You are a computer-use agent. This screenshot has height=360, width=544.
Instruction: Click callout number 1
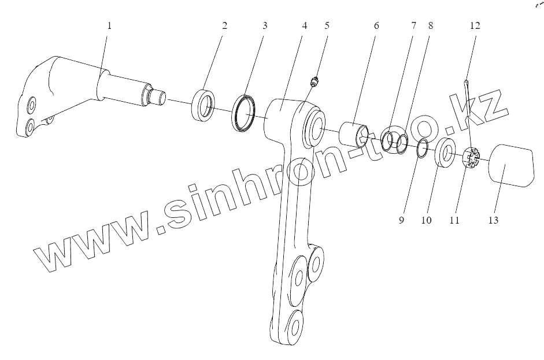click(109, 26)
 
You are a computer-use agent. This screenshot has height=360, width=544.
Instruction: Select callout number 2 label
click(224, 26)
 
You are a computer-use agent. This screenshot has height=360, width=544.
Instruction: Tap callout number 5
click(327, 26)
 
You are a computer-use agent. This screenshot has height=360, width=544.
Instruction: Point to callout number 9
click(401, 221)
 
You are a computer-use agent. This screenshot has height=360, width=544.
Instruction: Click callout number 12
click(475, 26)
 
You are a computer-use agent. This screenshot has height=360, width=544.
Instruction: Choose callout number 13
click(493, 221)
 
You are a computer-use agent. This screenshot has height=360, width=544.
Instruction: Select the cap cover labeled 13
click(510, 166)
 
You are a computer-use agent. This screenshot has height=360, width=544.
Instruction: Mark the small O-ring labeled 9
click(421, 149)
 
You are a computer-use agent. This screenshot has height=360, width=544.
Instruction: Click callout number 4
click(304, 26)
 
